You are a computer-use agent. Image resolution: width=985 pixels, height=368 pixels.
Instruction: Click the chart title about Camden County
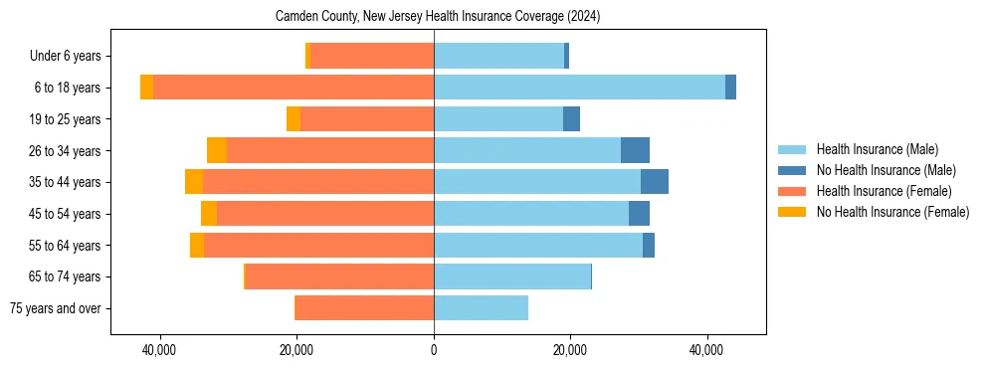[x=437, y=17]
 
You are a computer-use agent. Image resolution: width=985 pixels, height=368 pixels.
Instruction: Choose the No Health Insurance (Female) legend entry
[x=892, y=212]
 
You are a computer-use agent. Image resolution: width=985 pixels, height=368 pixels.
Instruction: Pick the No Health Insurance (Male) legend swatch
[x=793, y=170]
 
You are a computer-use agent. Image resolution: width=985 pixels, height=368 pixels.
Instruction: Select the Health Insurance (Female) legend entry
[x=884, y=191]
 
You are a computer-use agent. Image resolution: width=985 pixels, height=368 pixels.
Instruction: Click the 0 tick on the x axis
[x=434, y=351]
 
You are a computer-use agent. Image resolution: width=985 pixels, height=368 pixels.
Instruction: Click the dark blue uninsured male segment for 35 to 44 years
[x=655, y=182]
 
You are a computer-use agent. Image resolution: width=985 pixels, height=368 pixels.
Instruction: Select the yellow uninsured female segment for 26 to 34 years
[x=217, y=150]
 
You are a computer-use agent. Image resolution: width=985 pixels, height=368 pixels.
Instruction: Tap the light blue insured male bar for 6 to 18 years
[x=579, y=88]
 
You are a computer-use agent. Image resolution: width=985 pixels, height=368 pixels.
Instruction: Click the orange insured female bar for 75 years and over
[x=365, y=308]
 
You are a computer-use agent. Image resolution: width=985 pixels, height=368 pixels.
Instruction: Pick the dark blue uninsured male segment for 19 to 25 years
[x=571, y=119]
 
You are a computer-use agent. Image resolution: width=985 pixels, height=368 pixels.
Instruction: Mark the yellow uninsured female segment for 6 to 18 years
[x=146, y=88]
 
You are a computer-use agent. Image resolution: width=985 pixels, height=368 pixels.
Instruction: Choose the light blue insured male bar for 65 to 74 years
[x=512, y=276]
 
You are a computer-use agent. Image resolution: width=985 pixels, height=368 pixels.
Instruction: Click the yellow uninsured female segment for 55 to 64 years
[x=197, y=245]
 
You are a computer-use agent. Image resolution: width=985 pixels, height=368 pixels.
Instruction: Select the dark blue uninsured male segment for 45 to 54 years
[x=639, y=214]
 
